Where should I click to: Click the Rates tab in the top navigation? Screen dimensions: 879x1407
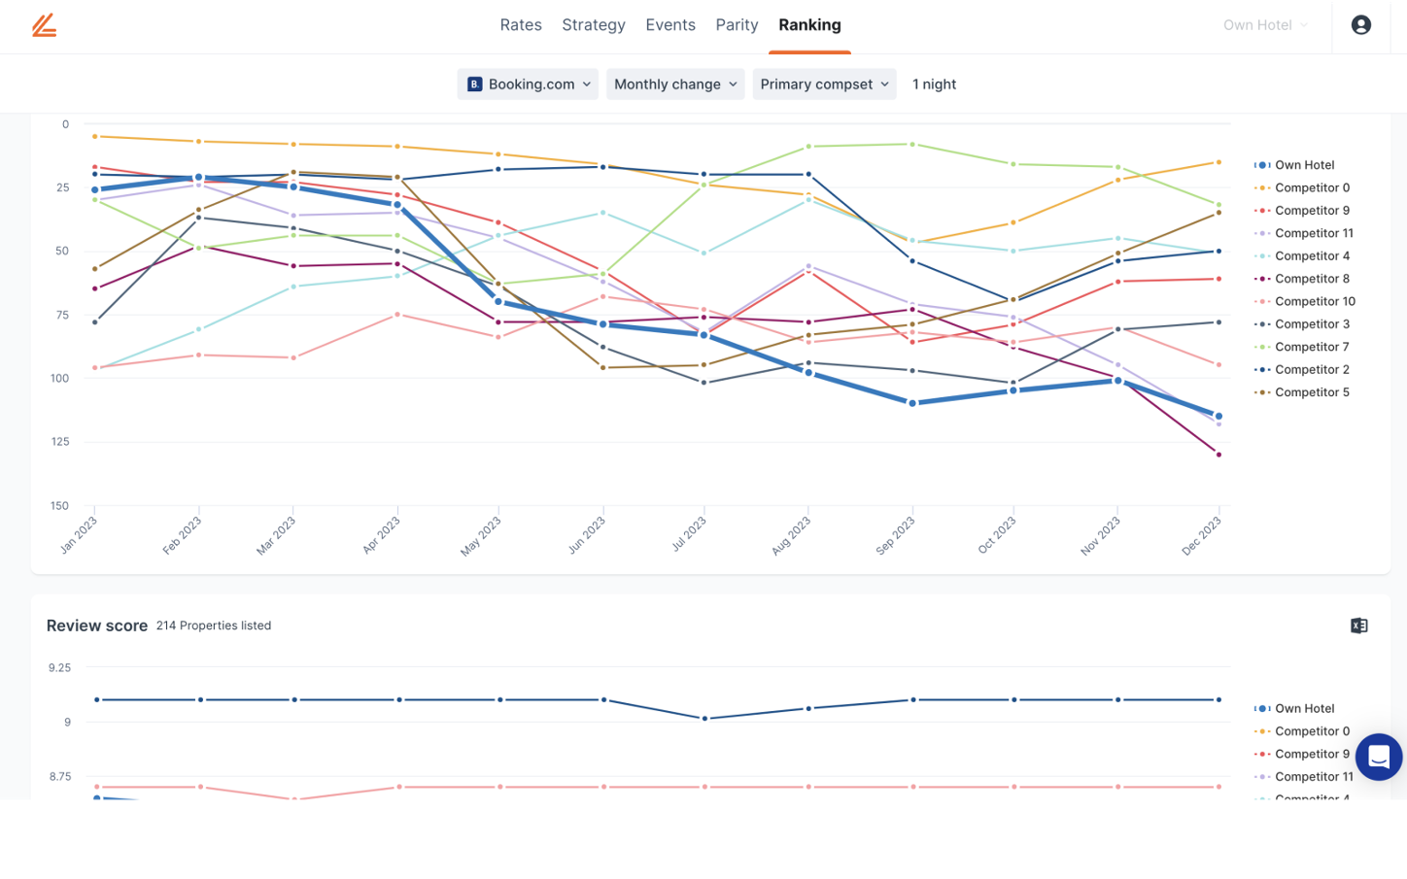[521, 25]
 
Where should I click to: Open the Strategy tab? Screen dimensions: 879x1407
[593, 25]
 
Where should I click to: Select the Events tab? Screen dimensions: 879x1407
[670, 25]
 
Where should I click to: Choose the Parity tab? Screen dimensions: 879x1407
[737, 25]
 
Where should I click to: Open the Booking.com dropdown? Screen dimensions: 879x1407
[528, 85]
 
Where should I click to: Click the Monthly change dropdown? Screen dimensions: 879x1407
[675, 85]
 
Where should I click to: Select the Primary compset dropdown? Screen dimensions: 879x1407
[824, 85]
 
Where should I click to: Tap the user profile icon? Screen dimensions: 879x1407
[1360, 25]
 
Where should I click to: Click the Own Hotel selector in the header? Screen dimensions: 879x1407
[1264, 25]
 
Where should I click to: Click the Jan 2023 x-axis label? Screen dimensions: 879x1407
[79, 535]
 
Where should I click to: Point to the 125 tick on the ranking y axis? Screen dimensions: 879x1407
[60, 442]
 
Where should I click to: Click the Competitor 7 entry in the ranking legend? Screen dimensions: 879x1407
[1311, 347]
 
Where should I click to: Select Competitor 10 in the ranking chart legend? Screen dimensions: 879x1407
[1314, 301]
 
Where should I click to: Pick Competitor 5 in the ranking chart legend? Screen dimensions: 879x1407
[1311, 392]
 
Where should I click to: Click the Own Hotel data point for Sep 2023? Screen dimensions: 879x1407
[912, 403]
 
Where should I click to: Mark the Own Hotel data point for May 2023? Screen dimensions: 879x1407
[498, 302]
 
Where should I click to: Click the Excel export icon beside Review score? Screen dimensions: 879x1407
[1358, 625]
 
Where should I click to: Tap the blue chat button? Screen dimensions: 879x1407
[1378, 758]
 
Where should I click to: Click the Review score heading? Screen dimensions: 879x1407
[97, 625]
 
